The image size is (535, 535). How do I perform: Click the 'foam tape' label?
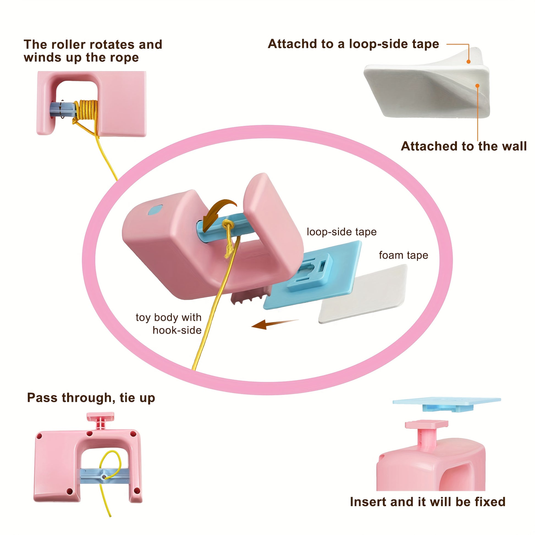click(x=403, y=255)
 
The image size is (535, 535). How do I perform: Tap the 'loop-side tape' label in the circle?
click(x=341, y=232)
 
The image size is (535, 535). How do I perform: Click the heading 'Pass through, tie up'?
click(x=91, y=398)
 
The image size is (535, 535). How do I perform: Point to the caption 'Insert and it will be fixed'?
click(x=428, y=502)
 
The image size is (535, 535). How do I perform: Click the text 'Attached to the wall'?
click(x=464, y=146)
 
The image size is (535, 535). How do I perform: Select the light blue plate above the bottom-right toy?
click(x=446, y=402)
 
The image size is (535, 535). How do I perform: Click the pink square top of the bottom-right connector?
click(x=426, y=424)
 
